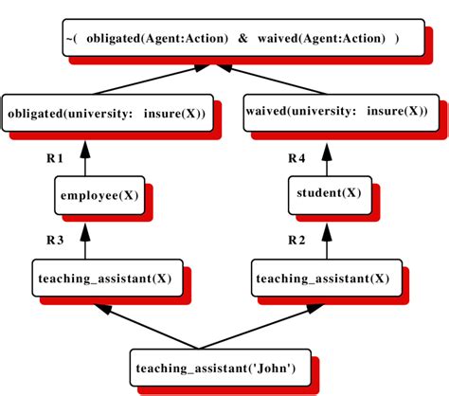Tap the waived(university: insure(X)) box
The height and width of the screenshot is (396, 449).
click(x=340, y=112)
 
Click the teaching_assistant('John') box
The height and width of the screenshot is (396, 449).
click(x=223, y=367)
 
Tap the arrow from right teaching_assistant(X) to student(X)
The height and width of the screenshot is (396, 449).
click(x=326, y=239)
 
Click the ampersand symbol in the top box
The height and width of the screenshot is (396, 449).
click(x=242, y=39)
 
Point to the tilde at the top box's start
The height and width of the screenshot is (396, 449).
click(x=67, y=39)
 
